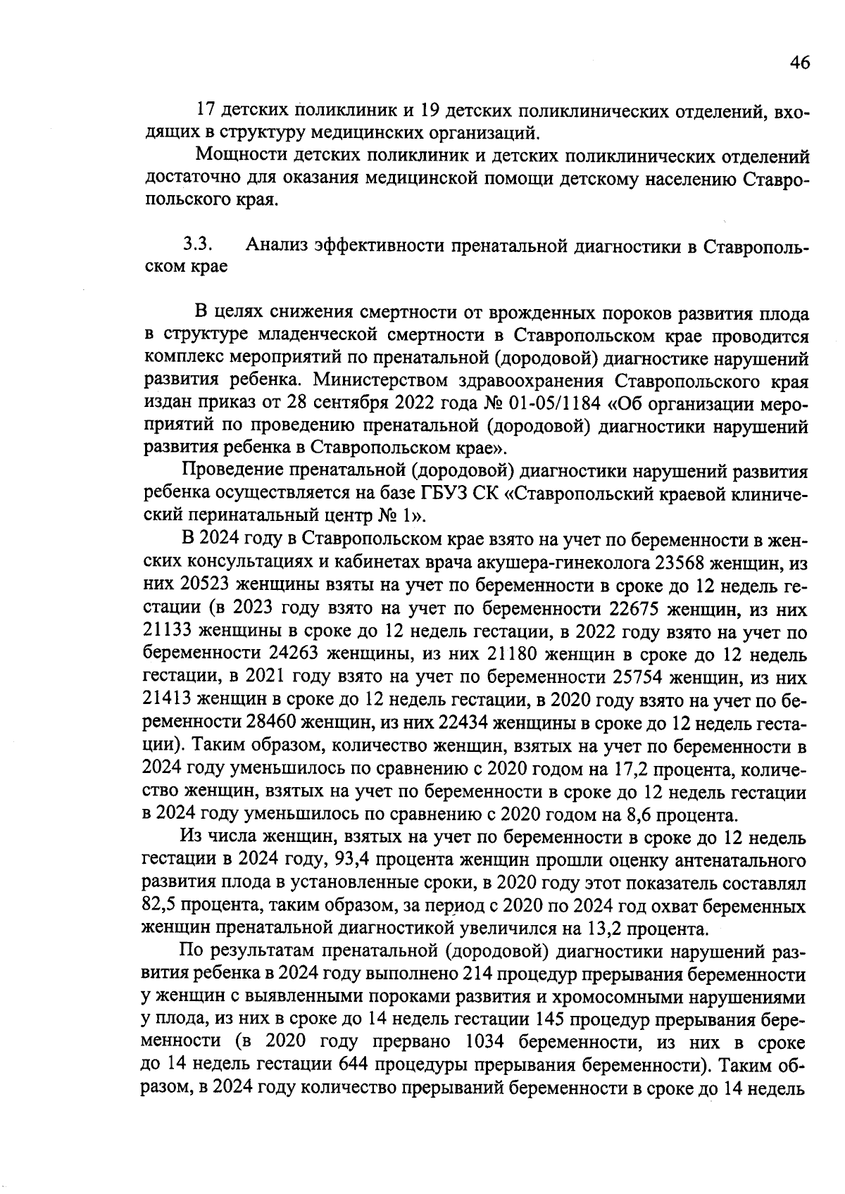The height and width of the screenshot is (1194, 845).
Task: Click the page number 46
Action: tap(799, 63)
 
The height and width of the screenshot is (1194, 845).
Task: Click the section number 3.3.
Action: tap(199, 245)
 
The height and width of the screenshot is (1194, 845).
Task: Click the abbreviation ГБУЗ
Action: tap(444, 494)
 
